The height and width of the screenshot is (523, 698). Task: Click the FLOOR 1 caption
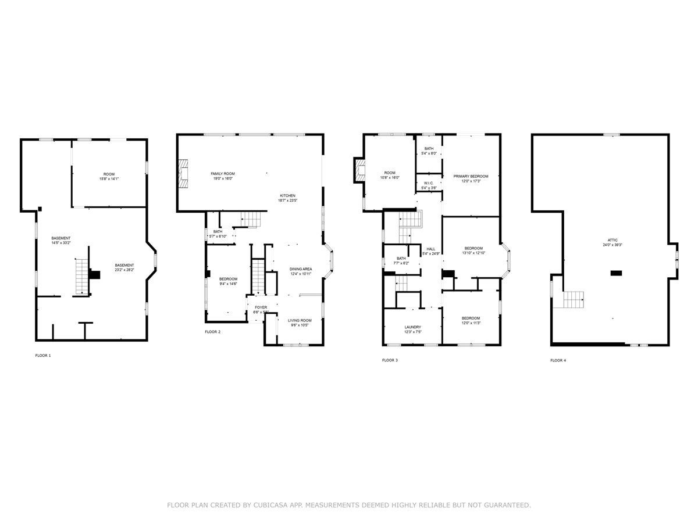point(43,355)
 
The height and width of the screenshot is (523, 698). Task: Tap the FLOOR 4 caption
point(558,360)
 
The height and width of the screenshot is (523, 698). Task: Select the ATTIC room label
point(614,240)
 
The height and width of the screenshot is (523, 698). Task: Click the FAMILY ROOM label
point(222,174)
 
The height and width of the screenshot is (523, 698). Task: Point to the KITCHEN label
point(288,195)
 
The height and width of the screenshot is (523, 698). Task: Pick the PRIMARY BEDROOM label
point(471,176)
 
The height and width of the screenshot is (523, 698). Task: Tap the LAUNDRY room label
point(412,327)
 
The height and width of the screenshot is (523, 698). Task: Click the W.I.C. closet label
point(429,182)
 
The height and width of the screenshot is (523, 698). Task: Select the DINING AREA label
point(301,269)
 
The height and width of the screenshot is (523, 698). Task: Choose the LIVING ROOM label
point(300,320)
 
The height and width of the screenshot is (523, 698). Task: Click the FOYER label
point(261,307)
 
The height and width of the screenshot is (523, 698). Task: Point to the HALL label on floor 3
point(430,249)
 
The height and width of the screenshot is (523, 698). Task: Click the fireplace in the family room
point(184,174)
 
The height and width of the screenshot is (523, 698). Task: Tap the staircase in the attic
point(573,300)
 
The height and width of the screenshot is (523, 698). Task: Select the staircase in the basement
point(82,277)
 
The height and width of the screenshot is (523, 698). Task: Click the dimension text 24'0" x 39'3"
point(614,245)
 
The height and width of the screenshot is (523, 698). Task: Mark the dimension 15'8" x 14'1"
point(109,179)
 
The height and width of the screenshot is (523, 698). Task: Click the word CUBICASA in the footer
point(272,506)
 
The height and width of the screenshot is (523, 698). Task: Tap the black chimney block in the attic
point(615,273)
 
